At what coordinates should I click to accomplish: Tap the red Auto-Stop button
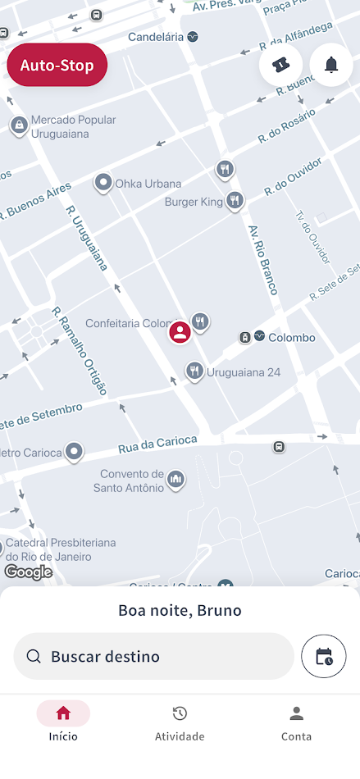click(x=57, y=66)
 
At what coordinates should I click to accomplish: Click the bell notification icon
click(x=331, y=65)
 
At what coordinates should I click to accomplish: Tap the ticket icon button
click(x=280, y=65)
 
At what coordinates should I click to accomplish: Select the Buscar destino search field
click(x=153, y=656)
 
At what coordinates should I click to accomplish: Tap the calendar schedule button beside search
click(x=324, y=656)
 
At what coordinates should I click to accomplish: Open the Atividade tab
click(x=180, y=723)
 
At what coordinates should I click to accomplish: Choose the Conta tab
click(x=296, y=723)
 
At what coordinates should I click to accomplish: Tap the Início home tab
click(x=63, y=723)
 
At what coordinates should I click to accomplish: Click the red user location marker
click(x=180, y=332)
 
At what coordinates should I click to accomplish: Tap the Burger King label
click(x=194, y=202)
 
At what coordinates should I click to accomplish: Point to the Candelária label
click(x=156, y=37)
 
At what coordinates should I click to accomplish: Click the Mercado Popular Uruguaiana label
click(x=73, y=125)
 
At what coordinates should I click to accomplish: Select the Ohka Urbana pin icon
click(x=103, y=182)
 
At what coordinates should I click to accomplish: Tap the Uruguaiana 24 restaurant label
click(x=244, y=372)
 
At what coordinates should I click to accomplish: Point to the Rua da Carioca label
click(x=157, y=445)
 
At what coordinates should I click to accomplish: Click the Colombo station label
click(x=292, y=337)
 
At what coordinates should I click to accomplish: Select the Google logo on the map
click(x=28, y=572)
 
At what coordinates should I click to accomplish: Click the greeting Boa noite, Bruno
click(x=180, y=610)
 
